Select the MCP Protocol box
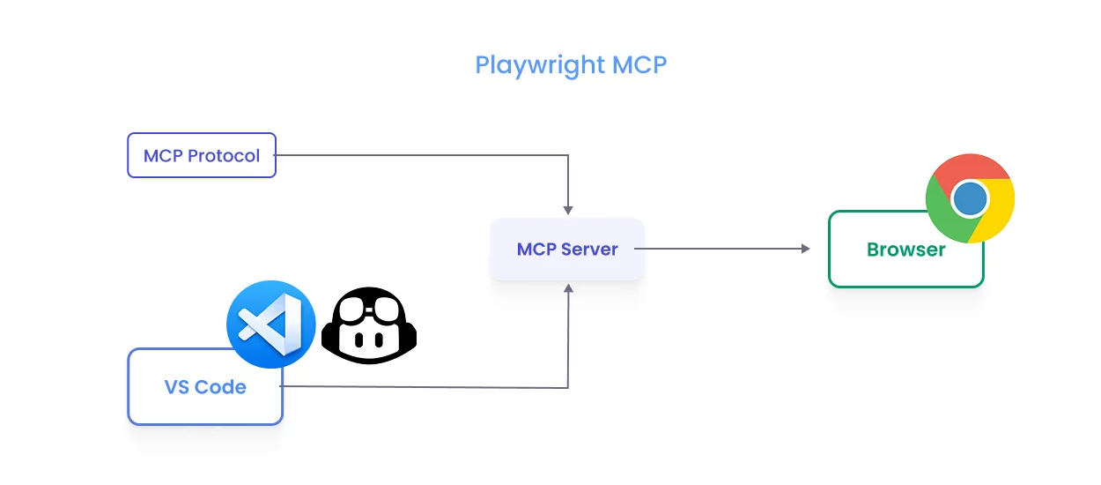click(202, 155)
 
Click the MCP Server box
click(567, 250)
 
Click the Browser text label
click(905, 250)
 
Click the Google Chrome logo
click(970, 198)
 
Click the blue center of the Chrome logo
click(970, 198)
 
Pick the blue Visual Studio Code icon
click(270, 324)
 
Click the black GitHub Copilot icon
click(369, 325)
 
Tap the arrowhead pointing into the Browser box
click(805, 250)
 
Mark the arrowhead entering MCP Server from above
click(568, 210)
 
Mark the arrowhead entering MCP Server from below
click(568, 288)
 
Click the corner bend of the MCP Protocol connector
click(568, 156)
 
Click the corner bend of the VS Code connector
click(568, 387)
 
